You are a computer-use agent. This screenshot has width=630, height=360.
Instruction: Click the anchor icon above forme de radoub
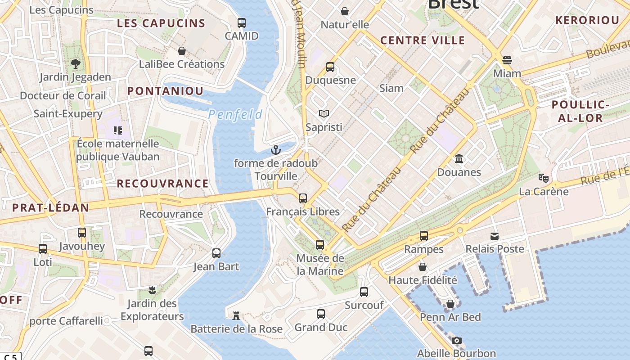click(276, 150)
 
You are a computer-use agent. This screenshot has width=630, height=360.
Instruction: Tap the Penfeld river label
click(235, 114)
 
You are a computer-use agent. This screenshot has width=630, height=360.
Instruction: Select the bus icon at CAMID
click(242, 22)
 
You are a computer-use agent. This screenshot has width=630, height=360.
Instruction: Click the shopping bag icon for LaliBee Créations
click(182, 51)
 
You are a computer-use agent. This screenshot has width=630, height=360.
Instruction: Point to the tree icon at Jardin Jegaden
click(76, 64)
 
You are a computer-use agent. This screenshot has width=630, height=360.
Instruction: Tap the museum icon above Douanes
click(459, 159)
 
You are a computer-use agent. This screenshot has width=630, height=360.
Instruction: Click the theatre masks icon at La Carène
click(544, 178)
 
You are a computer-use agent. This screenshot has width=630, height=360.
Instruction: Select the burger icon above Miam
click(507, 60)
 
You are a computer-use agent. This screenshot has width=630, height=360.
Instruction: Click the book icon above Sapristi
click(324, 114)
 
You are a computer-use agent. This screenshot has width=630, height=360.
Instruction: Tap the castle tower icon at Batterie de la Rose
click(236, 315)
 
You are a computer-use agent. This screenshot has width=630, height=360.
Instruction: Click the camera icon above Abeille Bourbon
click(456, 340)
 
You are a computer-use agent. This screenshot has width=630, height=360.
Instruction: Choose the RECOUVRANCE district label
click(162, 184)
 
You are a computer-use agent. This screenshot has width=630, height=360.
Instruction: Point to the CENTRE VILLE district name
click(422, 40)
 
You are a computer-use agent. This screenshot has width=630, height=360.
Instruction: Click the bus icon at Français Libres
click(303, 198)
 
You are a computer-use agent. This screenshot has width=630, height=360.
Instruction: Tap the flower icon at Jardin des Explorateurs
click(152, 290)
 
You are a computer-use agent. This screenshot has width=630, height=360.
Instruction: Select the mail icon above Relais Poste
click(495, 236)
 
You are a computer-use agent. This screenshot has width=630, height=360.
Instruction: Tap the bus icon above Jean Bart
click(216, 253)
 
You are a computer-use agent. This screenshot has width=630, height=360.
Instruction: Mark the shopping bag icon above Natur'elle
click(345, 11)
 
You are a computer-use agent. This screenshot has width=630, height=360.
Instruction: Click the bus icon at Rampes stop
click(424, 236)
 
